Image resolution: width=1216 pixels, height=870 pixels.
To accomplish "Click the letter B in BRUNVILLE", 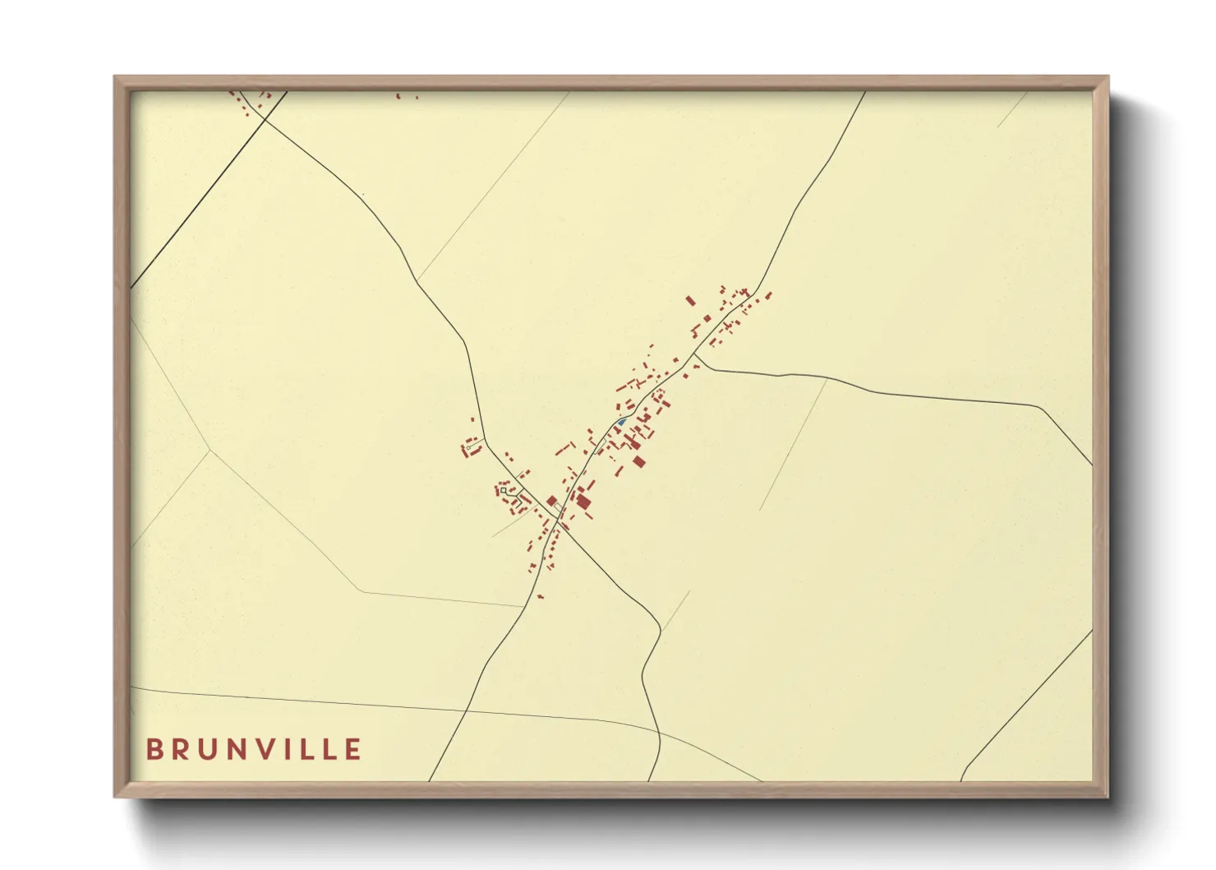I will (154, 750).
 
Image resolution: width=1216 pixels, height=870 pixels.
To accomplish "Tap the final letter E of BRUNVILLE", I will (354, 750).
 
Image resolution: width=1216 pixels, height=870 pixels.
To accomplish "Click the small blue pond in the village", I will (622, 423).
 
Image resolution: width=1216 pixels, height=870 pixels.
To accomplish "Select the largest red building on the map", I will (583, 501).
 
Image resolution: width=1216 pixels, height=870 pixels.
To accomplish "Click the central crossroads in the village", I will (559, 520).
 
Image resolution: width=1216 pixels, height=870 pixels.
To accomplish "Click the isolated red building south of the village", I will (540, 596).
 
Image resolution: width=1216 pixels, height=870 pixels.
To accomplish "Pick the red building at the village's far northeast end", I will (769, 295).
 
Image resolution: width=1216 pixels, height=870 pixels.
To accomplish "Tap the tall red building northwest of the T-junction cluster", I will (690, 301).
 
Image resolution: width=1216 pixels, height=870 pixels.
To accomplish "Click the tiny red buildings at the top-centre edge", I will (399, 96).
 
